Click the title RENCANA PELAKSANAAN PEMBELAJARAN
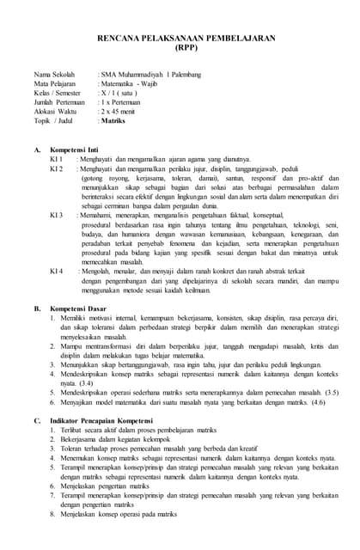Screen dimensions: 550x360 pyautogui.click(x=180, y=40)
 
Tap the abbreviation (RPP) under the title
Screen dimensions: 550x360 pyautogui.click(x=180, y=49)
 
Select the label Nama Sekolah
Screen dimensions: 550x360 pyautogui.click(x=54, y=76)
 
